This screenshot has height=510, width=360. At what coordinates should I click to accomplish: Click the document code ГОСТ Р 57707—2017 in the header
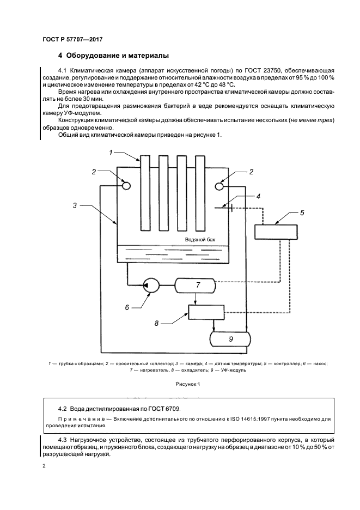72,40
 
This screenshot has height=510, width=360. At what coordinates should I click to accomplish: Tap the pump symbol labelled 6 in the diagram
151,284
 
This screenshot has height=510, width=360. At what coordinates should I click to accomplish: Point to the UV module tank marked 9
230,339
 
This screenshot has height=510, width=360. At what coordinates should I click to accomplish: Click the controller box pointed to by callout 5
276,232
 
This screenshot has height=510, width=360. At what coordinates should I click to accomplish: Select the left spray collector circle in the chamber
126,186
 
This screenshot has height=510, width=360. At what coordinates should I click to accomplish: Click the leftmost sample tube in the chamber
144,193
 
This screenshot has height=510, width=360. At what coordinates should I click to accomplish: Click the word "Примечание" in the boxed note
77,418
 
